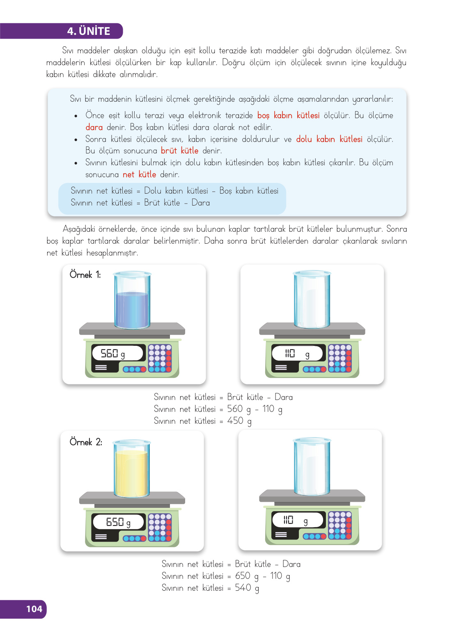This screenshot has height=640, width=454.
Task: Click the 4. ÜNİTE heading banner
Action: point(62,31)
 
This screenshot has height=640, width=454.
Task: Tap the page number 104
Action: point(34,609)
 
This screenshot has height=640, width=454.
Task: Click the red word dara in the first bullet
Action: point(94,127)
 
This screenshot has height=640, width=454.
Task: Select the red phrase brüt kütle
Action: point(179,151)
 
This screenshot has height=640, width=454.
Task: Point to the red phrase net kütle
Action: point(140,174)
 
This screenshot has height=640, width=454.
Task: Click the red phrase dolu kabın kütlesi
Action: point(329,139)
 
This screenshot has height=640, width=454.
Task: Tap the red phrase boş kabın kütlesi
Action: point(289,115)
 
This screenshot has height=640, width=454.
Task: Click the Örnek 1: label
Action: point(85,274)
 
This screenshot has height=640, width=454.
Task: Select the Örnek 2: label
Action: point(86,442)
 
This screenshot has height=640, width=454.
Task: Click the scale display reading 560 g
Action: point(117,353)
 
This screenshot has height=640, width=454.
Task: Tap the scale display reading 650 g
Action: point(118,522)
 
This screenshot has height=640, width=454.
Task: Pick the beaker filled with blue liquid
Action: point(132,300)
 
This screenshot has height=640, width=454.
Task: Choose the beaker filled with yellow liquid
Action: point(131,469)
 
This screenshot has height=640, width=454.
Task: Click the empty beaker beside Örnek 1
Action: point(312,299)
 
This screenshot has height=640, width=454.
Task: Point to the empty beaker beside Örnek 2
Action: point(312,467)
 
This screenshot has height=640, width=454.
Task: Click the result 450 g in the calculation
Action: point(239,421)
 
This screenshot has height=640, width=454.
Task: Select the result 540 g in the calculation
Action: point(247,588)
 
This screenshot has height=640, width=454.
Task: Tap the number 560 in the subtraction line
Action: point(235,409)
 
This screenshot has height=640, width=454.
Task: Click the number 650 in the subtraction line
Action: point(243,576)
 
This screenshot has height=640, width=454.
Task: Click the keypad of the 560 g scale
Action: point(160,358)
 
